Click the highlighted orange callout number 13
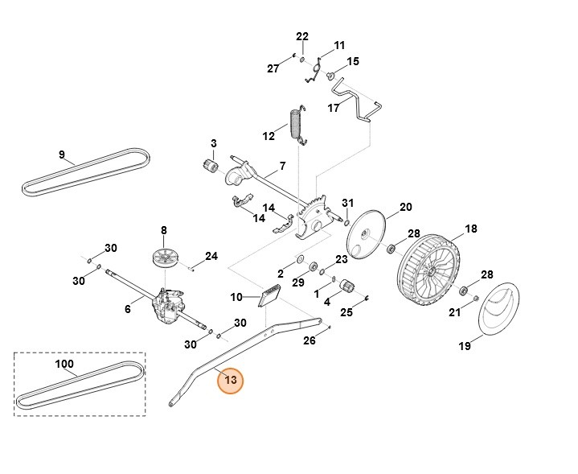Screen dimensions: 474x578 [231, 380]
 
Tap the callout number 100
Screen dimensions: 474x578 [64, 364]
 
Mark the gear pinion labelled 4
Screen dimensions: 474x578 [348, 286]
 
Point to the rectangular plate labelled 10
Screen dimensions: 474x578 [268, 297]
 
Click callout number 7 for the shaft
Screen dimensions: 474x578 [282, 167]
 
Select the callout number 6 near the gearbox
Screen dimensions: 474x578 [127, 308]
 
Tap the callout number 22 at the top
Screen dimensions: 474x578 [301, 37]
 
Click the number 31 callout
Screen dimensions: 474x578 [347, 202]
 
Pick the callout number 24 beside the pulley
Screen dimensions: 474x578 [211, 257]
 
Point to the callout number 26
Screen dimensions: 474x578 [309, 340]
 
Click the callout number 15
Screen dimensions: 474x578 [352, 61]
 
